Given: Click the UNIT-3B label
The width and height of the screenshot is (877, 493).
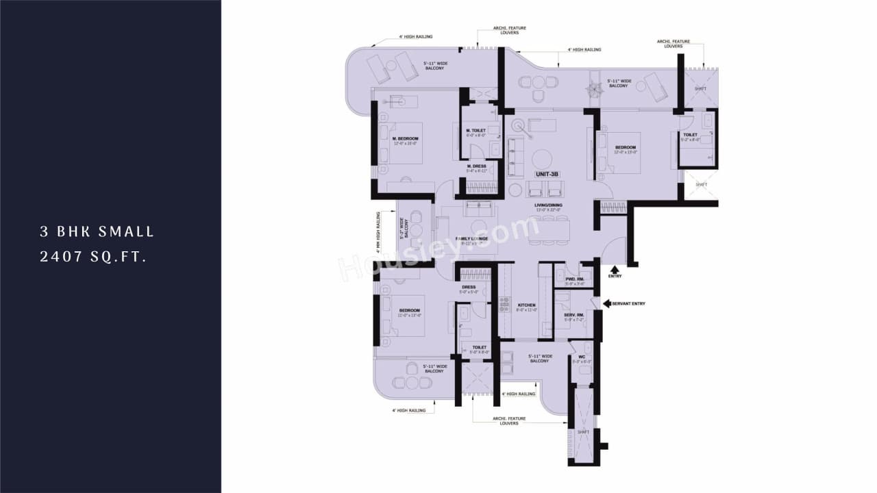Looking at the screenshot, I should coord(547,175).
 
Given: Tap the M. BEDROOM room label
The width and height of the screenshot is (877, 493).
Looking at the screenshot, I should coord(406,138).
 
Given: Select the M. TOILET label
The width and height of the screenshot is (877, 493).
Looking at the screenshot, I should coord(475,130).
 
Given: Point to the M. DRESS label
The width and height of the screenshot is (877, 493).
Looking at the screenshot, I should coord(476,166).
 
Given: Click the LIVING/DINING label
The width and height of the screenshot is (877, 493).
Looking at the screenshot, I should coord(549,205).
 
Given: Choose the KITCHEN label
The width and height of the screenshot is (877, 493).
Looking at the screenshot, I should coord(526,305).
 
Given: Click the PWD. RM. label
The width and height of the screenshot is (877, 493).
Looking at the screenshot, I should coord(574,279).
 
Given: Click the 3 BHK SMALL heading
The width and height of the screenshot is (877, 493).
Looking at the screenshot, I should coord(97,232).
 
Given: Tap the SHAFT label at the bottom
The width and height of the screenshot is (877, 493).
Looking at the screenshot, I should coord(583,432).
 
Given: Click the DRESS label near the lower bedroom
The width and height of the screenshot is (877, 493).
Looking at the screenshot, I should coord(469,288).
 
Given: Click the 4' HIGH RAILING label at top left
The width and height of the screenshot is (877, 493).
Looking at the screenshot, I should coord(416,37).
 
